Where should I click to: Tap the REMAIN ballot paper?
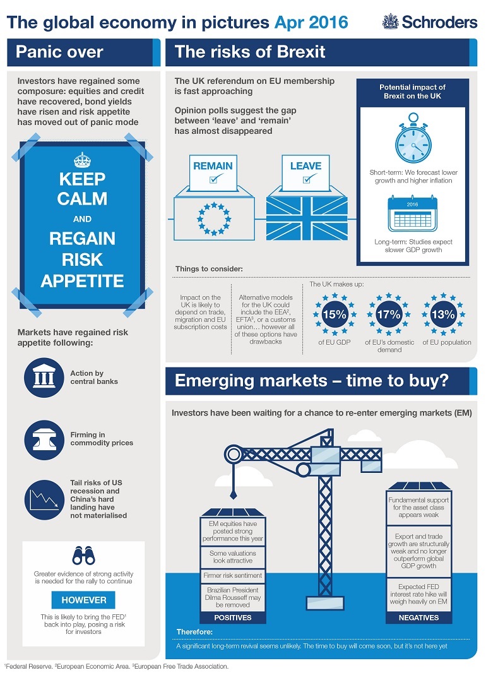[x=213, y=171]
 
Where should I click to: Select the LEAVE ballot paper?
[x=305, y=171]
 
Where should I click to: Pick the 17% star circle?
[x=389, y=314]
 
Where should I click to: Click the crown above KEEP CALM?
[x=82, y=158]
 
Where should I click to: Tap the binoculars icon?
[x=83, y=556]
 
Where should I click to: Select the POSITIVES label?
[x=233, y=617]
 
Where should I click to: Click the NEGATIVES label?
[x=419, y=617]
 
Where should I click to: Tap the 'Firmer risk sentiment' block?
[x=233, y=576]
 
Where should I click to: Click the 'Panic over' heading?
[x=60, y=52]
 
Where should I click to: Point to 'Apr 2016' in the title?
[x=311, y=23]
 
